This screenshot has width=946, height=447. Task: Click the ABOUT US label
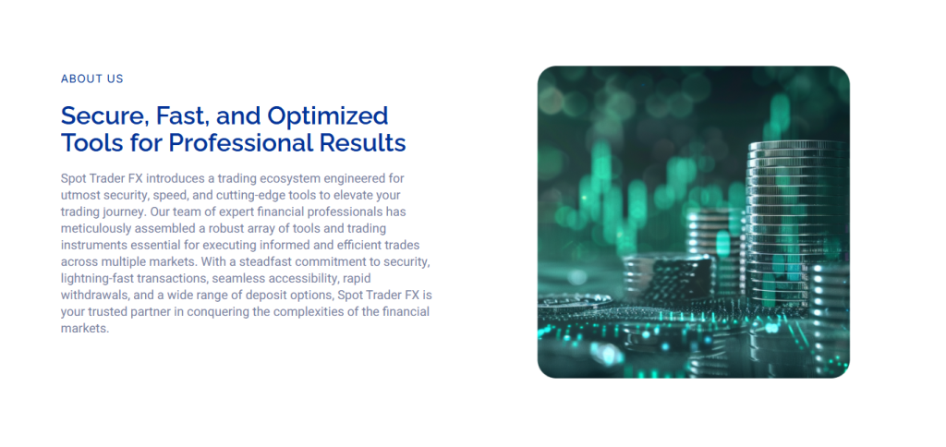[91, 79]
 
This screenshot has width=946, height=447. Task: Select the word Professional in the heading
[241, 143]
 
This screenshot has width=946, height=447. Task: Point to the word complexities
[315, 313]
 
